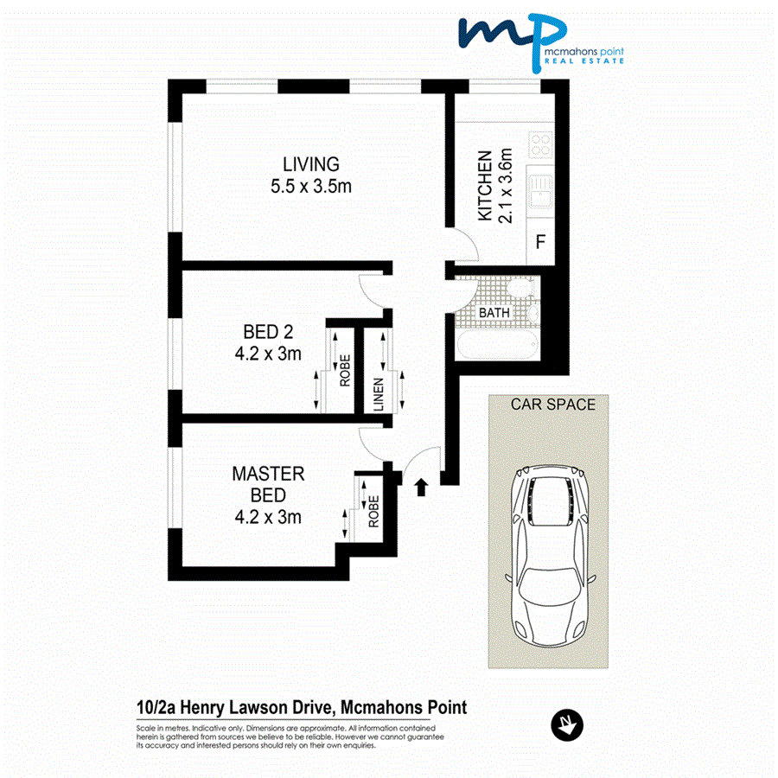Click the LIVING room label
[x=311, y=163]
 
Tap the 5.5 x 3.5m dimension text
[x=311, y=186]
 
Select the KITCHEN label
[x=486, y=185]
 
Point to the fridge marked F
[x=541, y=242]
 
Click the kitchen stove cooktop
[x=542, y=143]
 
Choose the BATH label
[x=494, y=312]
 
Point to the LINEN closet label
[x=379, y=393]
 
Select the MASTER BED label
[x=268, y=484]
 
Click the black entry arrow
[x=422, y=487]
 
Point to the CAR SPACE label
[x=553, y=404]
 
